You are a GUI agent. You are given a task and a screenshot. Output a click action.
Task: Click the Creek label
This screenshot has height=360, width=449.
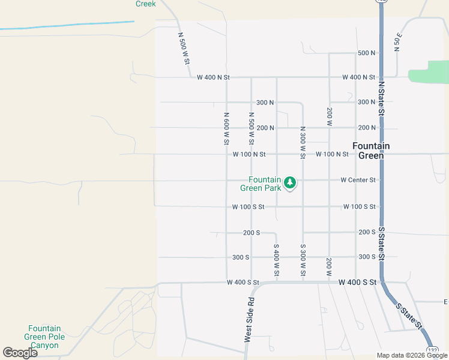[145, 4]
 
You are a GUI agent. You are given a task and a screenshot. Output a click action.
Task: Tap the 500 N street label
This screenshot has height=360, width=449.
[366, 53]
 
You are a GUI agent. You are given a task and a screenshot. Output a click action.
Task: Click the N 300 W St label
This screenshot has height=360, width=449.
[303, 142]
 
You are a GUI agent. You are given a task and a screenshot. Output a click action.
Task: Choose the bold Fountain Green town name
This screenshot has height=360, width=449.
[370, 150]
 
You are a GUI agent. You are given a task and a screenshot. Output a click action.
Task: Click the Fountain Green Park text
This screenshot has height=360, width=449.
[264, 184]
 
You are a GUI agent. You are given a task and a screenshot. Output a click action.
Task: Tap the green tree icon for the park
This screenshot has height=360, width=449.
[291, 182]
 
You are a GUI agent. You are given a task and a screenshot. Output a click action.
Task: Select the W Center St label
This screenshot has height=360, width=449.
[358, 179]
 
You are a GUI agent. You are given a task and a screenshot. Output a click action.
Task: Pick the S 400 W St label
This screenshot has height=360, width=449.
[277, 261]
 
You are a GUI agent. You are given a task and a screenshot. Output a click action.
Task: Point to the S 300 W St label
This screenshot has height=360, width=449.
[303, 261]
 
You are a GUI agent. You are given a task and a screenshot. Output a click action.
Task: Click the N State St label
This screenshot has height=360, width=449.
[381, 96]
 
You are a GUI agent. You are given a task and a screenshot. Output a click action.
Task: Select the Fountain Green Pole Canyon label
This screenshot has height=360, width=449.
[44, 337]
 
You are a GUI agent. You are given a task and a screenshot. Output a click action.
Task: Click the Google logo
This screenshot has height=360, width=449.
[20, 353]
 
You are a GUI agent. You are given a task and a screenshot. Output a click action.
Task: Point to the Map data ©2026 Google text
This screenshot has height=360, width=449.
[412, 355]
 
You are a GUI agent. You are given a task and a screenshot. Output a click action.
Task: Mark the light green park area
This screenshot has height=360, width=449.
[429, 72]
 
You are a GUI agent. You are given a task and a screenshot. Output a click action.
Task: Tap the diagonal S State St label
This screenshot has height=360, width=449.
[409, 315]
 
